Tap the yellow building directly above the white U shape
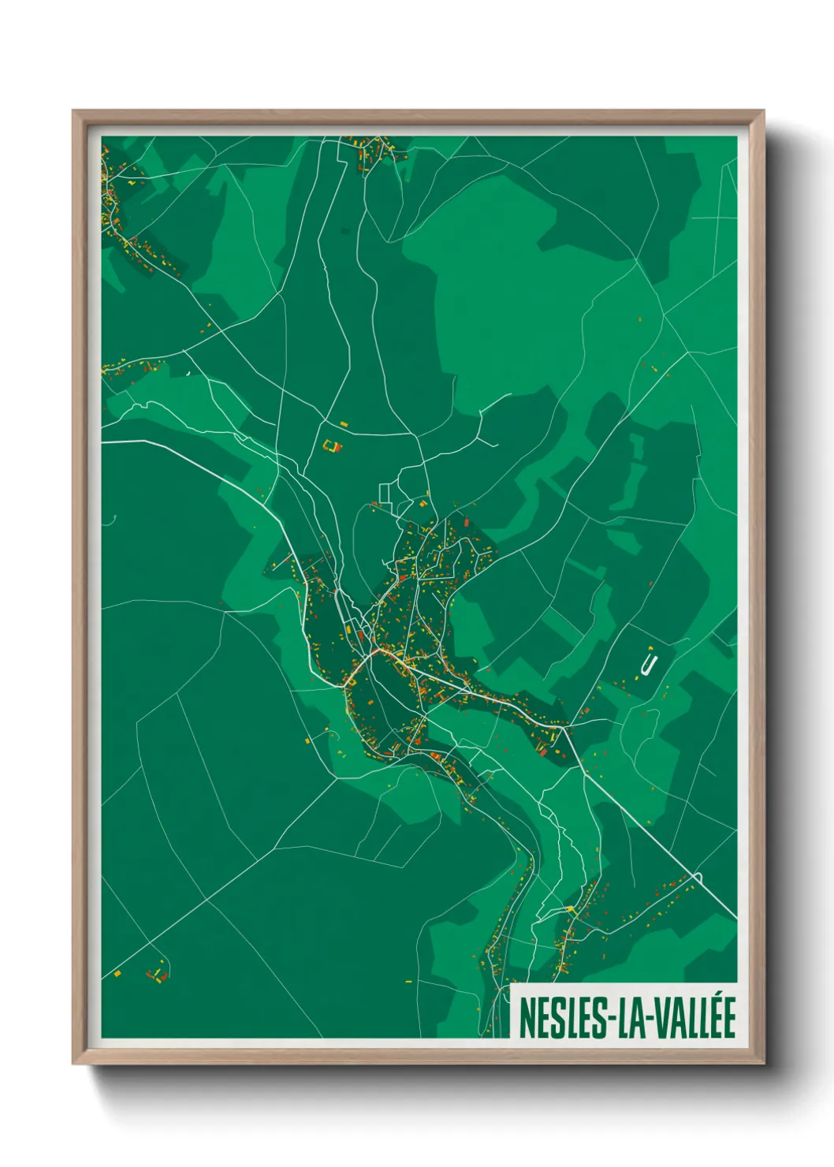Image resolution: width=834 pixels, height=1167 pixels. [x=650, y=648]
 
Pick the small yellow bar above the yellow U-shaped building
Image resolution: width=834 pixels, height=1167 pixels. [x=343, y=424]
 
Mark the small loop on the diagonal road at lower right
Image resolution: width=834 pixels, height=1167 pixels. [x=698, y=876]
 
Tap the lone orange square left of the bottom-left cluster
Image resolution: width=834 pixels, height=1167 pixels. [x=117, y=974]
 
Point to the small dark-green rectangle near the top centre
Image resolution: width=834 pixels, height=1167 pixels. [x=345, y=230]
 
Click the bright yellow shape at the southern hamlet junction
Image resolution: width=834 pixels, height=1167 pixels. [x=570, y=910]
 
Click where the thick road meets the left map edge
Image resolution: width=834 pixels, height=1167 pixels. [x=103, y=442]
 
